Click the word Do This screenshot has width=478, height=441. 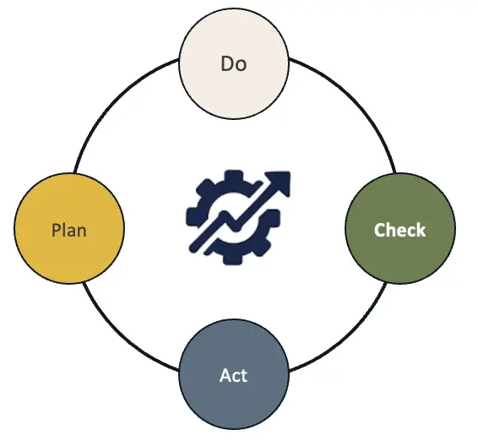(234, 63)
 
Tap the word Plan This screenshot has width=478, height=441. (69, 230)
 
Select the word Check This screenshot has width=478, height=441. (399, 230)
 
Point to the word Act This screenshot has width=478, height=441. (233, 375)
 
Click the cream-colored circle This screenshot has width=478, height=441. (234, 63)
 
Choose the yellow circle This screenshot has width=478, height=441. (69, 229)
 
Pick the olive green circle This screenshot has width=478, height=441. (400, 229)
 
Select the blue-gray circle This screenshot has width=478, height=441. (234, 374)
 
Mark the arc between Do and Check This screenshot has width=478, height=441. (356, 104)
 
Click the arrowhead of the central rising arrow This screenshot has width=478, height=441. (280, 182)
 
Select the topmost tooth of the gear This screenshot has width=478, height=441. (233, 177)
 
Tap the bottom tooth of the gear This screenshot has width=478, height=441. (232, 259)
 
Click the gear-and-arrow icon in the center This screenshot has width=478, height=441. (238, 218)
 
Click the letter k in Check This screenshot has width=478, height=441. (420, 230)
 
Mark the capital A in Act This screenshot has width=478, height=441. (225, 375)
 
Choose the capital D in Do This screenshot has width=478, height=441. (227, 64)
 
